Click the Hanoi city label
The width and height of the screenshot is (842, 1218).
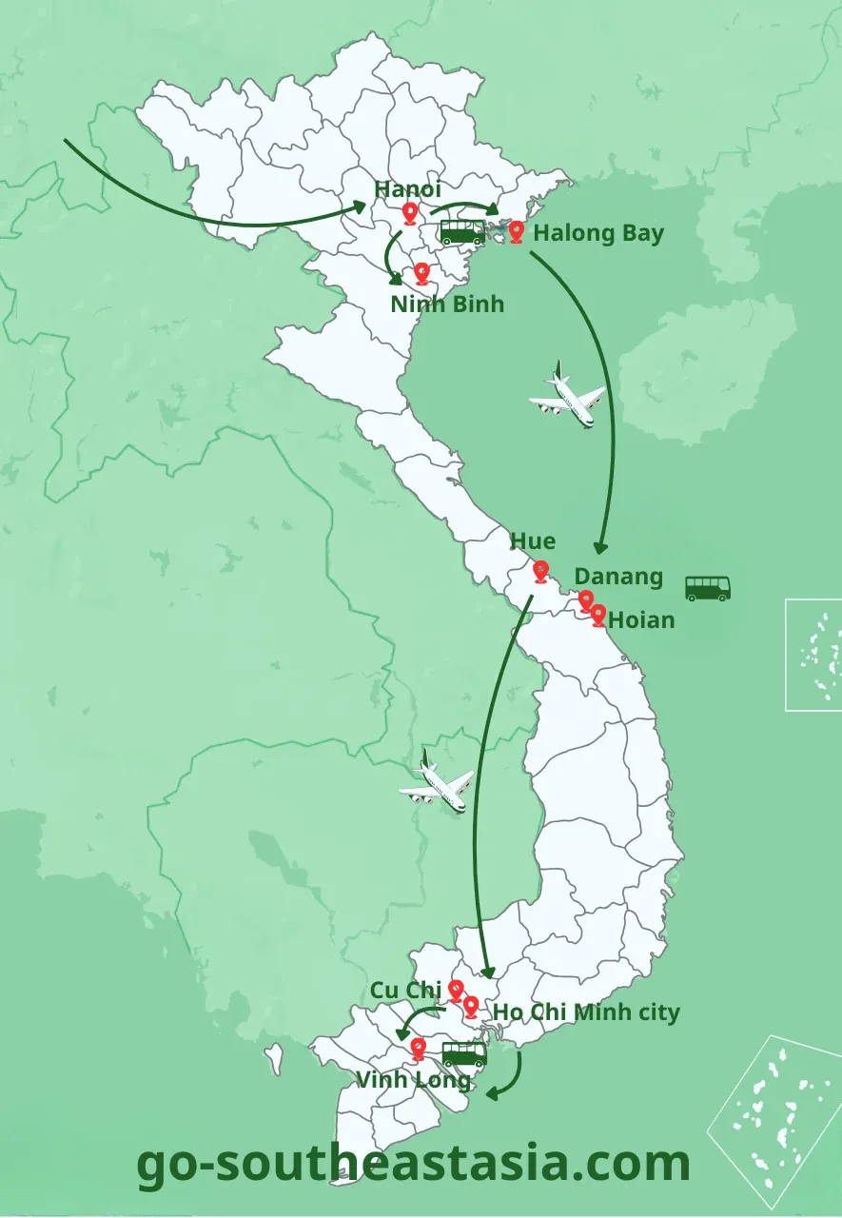pyautogui.click(x=407, y=189)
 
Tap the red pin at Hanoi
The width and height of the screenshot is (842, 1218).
pyautogui.click(x=410, y=213)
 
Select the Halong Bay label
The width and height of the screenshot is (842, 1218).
pyautogui.click(x=598, y=233)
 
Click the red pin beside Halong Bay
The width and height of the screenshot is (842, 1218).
pyautogui.click(x=517, y=231)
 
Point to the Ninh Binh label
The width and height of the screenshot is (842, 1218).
pyautogui.click(x=447, y=304)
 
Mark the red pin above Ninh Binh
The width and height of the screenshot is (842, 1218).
pyautogui.click(x=422, y=274)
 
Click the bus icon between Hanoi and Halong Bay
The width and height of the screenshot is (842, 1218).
pyautogui.click(x=461, y=232)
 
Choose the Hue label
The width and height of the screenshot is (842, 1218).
pyautogui.click(x=533, y=541)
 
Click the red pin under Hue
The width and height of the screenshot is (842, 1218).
pyautogui.click(x=540, y=571)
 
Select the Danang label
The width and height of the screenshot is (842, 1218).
pyautogui.click(x=618, y=577)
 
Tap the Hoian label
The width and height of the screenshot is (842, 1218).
pyautogui.click(x=641, y=620)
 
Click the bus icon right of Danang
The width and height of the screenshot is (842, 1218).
pyautogui.click(x=708, y=588)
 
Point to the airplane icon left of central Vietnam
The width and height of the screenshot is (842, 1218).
pyautogui.click(x=437, y=783)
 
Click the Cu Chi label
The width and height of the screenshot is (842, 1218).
pyautogui.click(x=406, y=991)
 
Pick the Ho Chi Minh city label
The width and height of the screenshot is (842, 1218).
pyautogui.click(x=586, y=1012)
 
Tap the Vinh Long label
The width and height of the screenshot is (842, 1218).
pyautogui.click(x=413, y=1080)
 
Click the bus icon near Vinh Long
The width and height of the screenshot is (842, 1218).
pyautogui.click(x=464, y=1053)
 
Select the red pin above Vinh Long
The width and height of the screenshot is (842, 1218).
pyautogui.click(x=418, y=1049)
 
